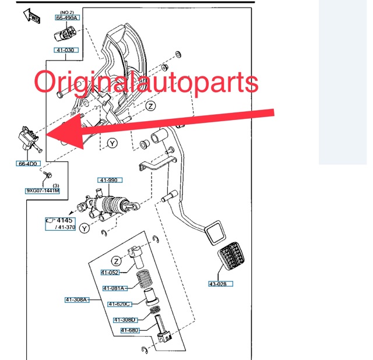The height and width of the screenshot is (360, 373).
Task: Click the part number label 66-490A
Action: click(x=67, y=18)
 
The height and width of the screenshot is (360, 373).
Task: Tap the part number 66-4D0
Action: click(x=27, y=164)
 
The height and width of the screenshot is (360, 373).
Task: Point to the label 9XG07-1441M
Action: click(x=43, y=190)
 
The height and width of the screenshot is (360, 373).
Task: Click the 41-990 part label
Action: click(x=108, y=181)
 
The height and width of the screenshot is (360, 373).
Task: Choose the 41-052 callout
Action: click(x=110, y=272)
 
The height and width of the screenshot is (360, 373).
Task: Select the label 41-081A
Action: click(x=115, y=288)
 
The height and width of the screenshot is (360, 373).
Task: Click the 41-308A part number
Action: click(x=76, y=299)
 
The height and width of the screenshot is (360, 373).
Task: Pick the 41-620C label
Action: click(x=119, y=303)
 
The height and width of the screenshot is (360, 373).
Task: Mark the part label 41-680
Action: click(x=131, y=330)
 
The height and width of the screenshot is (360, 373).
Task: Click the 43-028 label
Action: click(x=221, y=284)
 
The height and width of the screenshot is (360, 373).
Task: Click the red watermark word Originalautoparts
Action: click(x=146, y=82)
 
